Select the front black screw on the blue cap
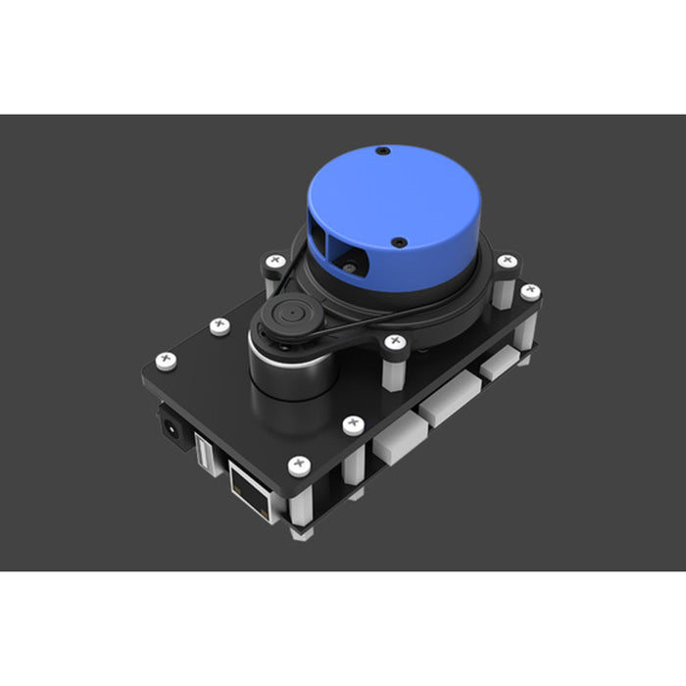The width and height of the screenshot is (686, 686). pos(399,241)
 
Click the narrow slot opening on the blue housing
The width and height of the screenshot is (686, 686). pos(322,236)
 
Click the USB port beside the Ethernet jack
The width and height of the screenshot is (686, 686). pos(203,453)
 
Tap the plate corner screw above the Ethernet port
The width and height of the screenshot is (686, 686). pos(295,465)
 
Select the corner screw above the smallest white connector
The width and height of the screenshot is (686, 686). pos(530,291)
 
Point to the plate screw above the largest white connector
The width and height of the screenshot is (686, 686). pos(353,424)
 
